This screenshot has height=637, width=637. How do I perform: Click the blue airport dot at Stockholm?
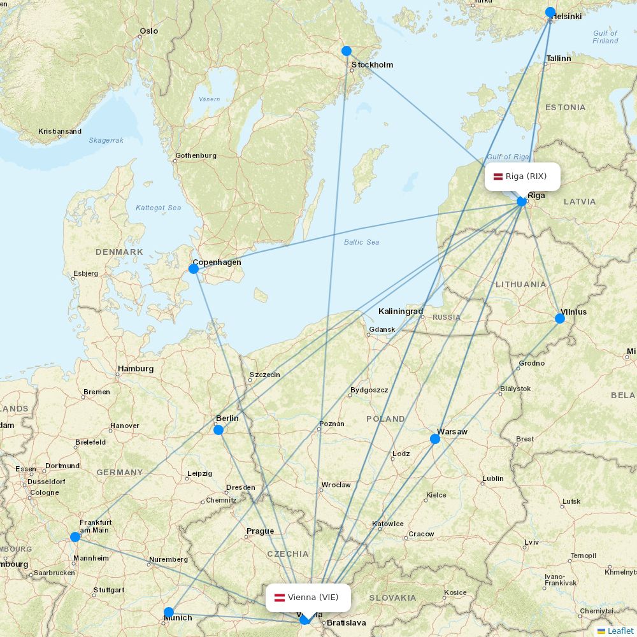pos(347,51)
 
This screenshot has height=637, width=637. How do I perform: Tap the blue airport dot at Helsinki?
pos(550,12)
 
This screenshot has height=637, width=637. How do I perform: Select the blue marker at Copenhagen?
pos(194,269)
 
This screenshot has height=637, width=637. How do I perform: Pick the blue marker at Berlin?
pos(218,430)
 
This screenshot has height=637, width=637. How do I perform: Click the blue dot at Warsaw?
pos(435,439)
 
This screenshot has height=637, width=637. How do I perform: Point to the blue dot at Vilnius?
pos(560,318)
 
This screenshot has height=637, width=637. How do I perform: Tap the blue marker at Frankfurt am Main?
pos(75,537)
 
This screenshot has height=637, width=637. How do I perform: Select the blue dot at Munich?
pos(169,612)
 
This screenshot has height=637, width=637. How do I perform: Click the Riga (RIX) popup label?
pos(522,176)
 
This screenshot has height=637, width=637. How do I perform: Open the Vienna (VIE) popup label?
pos(308,598)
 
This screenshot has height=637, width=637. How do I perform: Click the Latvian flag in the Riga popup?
pos(498,176)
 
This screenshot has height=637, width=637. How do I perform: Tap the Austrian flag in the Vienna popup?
pos(279,598)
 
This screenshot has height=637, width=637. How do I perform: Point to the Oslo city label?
pos(148,31)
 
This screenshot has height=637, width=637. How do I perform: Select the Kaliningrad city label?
pos(400,311)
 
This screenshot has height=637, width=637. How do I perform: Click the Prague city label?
pos(260,531)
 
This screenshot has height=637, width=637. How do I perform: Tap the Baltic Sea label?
pos(361,242)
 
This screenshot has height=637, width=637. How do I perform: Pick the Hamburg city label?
pos(135,369)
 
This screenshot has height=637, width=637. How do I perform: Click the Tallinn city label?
pos(558,59)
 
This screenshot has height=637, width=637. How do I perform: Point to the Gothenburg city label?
pos(196,155)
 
